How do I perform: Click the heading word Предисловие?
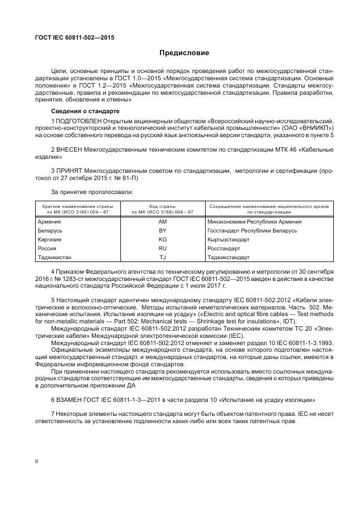[x=184, y=54]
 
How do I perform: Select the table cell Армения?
[x=50, y=221]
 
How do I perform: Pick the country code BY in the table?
[x=163, y=230]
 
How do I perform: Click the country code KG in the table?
[x=163, y=239]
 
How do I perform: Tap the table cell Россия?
[x=47, y=248]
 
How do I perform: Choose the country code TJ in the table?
[x=163, y=257]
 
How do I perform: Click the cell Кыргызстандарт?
[x=228, y=239]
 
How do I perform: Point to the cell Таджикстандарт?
[x=228, y=257]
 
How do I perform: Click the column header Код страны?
[x=163, y=206]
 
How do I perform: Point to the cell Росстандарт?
[x=224, y=248]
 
